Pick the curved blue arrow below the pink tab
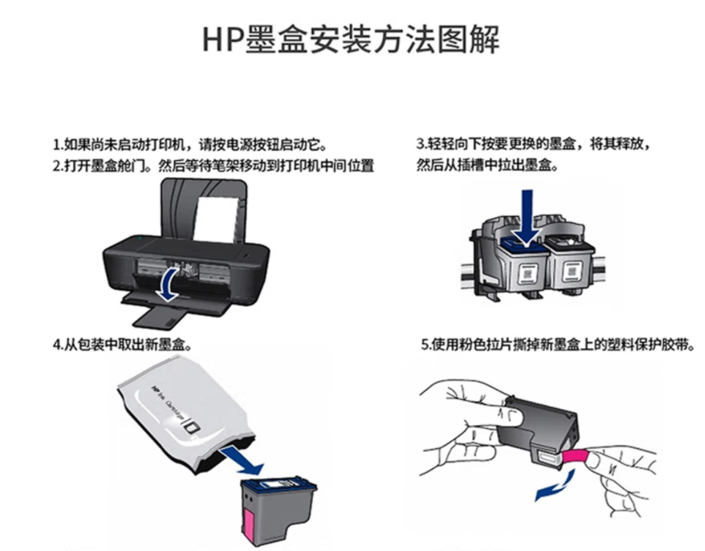[556, 486]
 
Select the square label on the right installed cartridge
[571, 273]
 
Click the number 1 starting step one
[56, 145]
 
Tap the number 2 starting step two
[56, 166]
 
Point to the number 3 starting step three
[420, 144]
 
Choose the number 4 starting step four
[56, 345]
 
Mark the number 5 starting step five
[425, 345]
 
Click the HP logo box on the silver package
[193, 426]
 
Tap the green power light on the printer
[140, 237]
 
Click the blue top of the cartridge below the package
[278, 485]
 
